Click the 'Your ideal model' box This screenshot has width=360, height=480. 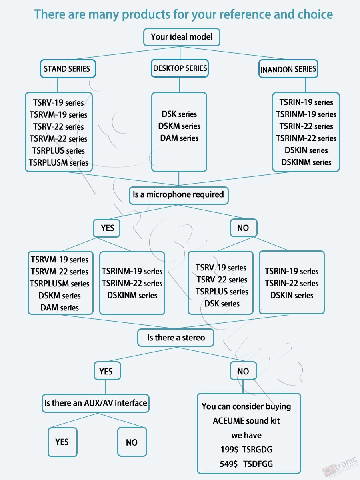click(182, 37)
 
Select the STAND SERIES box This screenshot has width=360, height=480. click(68, 69)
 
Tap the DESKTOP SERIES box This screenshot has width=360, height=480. click(180, 68)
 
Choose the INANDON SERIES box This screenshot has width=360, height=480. click(288, 69)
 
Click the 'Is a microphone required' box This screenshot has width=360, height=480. click(178, 195)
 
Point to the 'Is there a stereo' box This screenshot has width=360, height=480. click(176, 338)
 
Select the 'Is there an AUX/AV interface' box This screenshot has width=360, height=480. click(96, 403)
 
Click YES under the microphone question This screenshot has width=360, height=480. click(107, 228)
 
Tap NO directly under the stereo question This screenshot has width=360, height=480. click(243, 371)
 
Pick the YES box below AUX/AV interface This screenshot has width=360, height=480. click(62, 442)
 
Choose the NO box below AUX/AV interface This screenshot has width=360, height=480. click(132, 442)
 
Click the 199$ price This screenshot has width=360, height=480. click(229, 450)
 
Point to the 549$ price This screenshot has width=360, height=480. click(229, 464)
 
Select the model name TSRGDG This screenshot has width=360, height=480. click(257, 450)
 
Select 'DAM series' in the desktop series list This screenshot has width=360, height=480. click(179, 138)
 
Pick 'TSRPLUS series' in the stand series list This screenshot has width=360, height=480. click(58, 151)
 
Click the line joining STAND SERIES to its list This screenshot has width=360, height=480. click(58, 85)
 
